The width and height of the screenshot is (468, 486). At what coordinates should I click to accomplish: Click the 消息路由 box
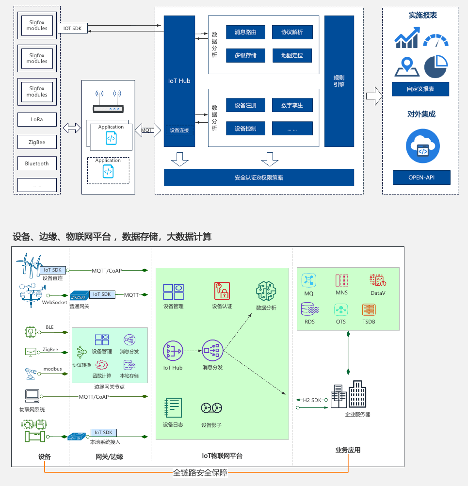(245, 32)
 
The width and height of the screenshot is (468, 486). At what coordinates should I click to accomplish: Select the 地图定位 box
(292, 55)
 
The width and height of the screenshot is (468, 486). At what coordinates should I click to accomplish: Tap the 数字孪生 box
(292, 105)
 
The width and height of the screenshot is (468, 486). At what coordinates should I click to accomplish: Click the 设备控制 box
(245, 129)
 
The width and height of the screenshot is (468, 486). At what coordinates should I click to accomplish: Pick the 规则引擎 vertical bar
(339, 81)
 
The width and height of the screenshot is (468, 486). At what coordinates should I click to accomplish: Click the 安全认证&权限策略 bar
(259, 178)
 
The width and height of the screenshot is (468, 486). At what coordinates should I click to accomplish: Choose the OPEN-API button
(421, 178)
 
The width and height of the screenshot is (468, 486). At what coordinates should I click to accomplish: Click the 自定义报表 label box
(420, 89)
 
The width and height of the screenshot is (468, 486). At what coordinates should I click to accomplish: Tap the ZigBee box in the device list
(37, 142)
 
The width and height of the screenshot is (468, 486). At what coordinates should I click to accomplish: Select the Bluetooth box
(37, 164)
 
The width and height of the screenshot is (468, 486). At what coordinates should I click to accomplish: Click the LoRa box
(37, 119)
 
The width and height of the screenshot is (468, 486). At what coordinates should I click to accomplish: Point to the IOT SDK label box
(73, 29)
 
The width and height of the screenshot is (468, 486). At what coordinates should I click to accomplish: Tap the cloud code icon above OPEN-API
(423, 146)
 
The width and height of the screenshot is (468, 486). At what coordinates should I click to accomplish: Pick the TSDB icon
(369, 309)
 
